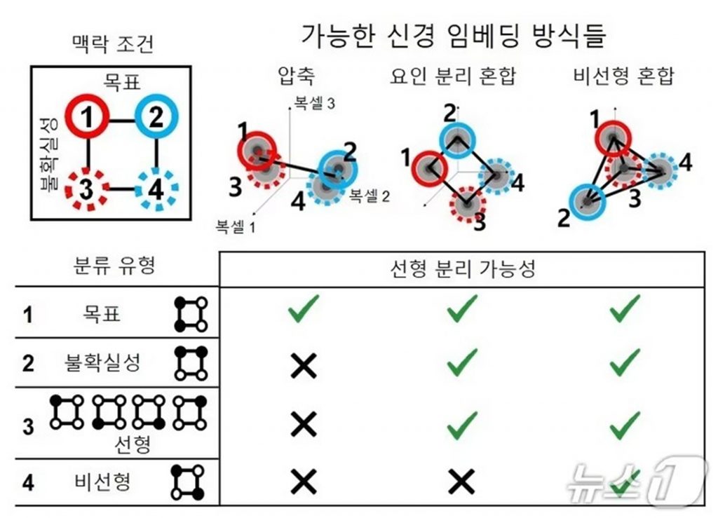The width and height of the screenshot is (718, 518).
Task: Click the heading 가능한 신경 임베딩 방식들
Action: [454, 35]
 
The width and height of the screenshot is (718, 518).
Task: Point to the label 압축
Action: [297, 76]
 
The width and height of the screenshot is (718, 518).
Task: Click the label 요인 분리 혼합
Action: [453, 76]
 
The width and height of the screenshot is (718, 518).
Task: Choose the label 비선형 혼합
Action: [623, 76]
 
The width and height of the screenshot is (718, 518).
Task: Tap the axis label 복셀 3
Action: [314, 104]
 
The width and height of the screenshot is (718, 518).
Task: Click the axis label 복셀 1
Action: [236, 226]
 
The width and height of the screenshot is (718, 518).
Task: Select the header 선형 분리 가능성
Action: [463, 268]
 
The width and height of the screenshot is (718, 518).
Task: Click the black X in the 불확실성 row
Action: [304, 366]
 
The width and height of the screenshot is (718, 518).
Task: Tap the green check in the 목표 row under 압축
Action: [303, 308]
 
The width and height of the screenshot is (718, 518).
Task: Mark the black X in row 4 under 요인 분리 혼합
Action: [461, 482]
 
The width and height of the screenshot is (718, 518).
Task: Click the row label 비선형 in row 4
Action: [102, 482]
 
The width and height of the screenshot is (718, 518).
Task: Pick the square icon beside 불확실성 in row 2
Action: [191, 363]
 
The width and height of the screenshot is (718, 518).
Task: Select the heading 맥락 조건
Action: [113, 43]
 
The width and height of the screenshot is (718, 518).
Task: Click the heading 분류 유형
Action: [114, 265]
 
